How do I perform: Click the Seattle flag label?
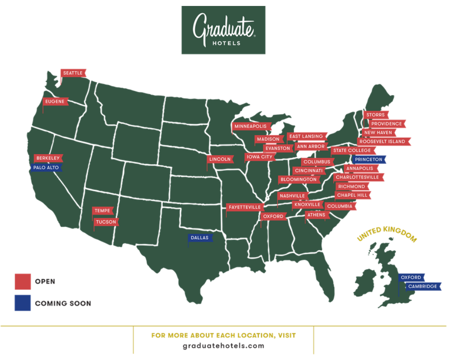tap(73, 73)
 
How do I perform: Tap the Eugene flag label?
tap(55, 102)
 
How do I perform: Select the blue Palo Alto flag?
tap(46, 168)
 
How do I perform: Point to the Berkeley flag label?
tap(48, 158)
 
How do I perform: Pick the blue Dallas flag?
tap(200, 238)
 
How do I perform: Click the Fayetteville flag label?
tap(245, 207)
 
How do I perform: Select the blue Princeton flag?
tap(369, 160)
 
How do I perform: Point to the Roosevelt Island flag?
tap(383, 142)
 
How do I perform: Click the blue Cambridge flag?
tap(423, 287)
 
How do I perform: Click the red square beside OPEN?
tap(22, 281)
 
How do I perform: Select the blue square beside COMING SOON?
tap(22, 303)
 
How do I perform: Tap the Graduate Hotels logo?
tap(223, 30)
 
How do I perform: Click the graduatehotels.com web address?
tap(223, 346)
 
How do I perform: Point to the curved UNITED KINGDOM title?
tap(387, 232)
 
